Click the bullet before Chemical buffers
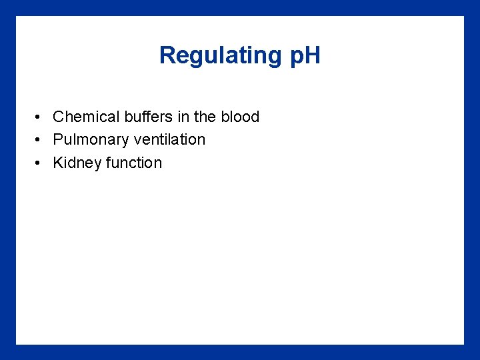(40, 117)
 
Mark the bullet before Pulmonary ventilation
(40, 140)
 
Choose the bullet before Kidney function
(40, 163)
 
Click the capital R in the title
(167, 55)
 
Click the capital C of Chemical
(58, 117)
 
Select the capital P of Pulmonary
(57, 139)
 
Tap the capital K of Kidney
(57, 163)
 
